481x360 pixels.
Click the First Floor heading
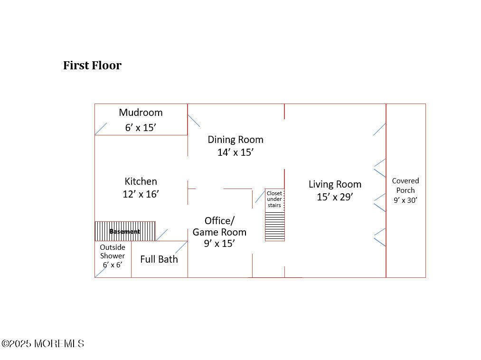(92, 66)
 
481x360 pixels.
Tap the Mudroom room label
(141, 113)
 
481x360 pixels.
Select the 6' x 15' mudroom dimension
(141, 127)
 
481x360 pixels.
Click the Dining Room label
(235, 140)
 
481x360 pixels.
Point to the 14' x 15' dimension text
(235, 152)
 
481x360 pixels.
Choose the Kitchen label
(141, 181)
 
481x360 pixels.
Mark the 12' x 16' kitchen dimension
(141, 194)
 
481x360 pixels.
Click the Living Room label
(335, 184)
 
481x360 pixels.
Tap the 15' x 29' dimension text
(335, 197)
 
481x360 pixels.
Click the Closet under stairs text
(274, 199)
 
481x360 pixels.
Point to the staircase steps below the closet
(274, 227)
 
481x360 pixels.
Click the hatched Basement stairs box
(125, 231)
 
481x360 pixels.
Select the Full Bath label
(159, 259)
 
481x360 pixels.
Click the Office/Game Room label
(219, 227)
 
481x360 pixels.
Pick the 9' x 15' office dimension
(219, 244)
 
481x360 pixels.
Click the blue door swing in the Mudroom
(101, 129)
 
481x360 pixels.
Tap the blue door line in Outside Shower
(101, 271)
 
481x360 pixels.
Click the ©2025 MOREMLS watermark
(43, 343)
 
